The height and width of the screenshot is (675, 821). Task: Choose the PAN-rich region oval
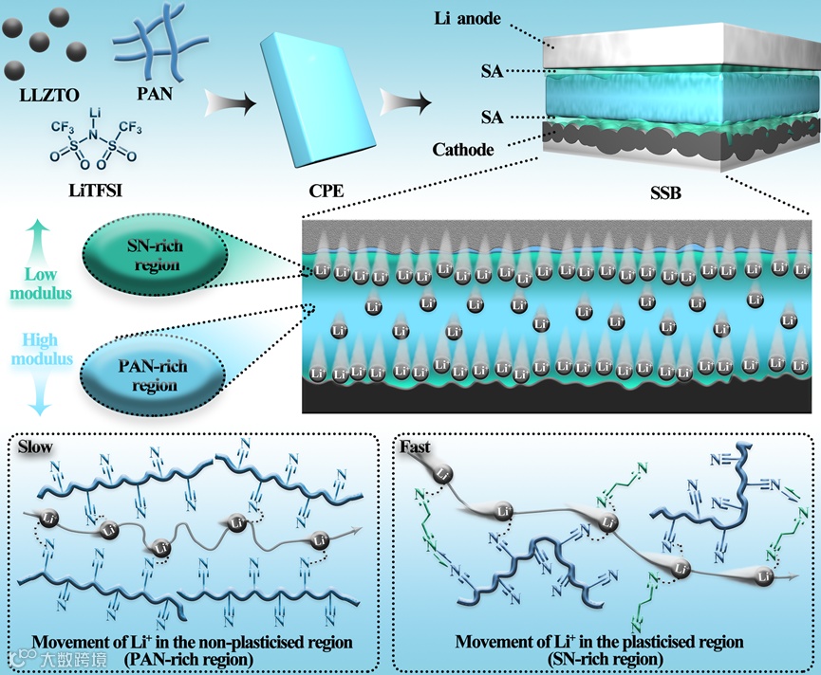click(155, 377)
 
